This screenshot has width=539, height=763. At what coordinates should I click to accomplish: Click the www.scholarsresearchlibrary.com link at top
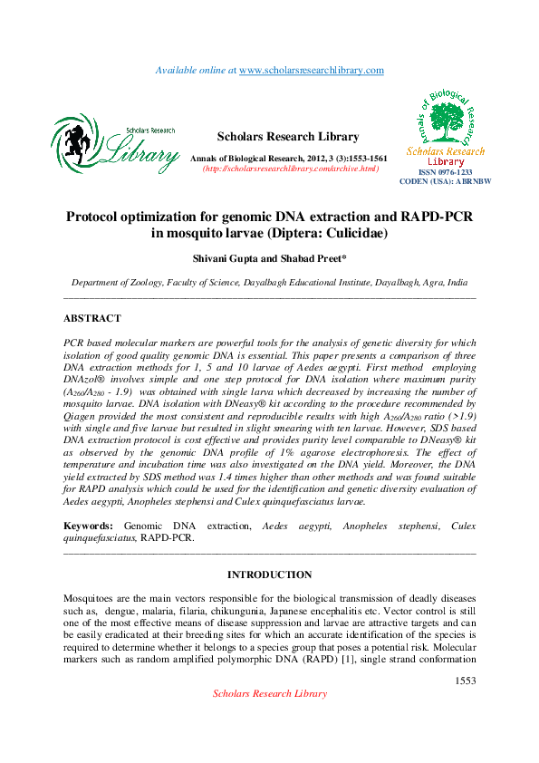[312, 70]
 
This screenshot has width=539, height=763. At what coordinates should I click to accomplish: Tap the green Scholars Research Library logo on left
[114, 144]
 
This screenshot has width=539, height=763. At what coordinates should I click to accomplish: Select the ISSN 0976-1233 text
[445, 171]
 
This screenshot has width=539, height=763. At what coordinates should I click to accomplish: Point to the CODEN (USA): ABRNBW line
[445, 181]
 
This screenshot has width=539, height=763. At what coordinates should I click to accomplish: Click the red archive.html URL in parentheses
[290, 169]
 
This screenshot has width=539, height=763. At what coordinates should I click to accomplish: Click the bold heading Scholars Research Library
[288, 137]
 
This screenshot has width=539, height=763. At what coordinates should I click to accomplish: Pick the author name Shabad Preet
[321, 258]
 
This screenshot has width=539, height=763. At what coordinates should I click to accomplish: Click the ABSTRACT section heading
[91, 319]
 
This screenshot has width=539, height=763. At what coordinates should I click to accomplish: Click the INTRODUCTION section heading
[269, 575]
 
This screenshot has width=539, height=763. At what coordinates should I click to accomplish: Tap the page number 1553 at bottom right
[465, 680]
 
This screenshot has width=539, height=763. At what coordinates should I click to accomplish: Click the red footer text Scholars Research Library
[269, 693]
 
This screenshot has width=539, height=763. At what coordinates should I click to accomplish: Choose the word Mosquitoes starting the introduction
[93, 600]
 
